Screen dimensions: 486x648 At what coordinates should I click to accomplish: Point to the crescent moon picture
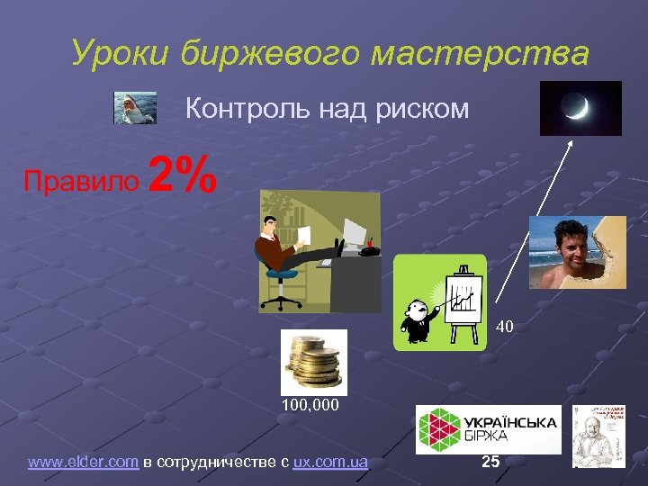pos(580,109)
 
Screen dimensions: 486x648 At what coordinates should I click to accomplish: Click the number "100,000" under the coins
pos(309,406)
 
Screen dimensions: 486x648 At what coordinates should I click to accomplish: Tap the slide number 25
pos(490,462)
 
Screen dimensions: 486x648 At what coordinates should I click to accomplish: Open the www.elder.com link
pos(84,463)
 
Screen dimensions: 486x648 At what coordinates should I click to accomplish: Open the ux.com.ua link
pos(330,463)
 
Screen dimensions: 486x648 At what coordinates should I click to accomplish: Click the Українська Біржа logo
pos(488,428)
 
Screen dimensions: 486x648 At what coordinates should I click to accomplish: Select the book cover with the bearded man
pos(598,436)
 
